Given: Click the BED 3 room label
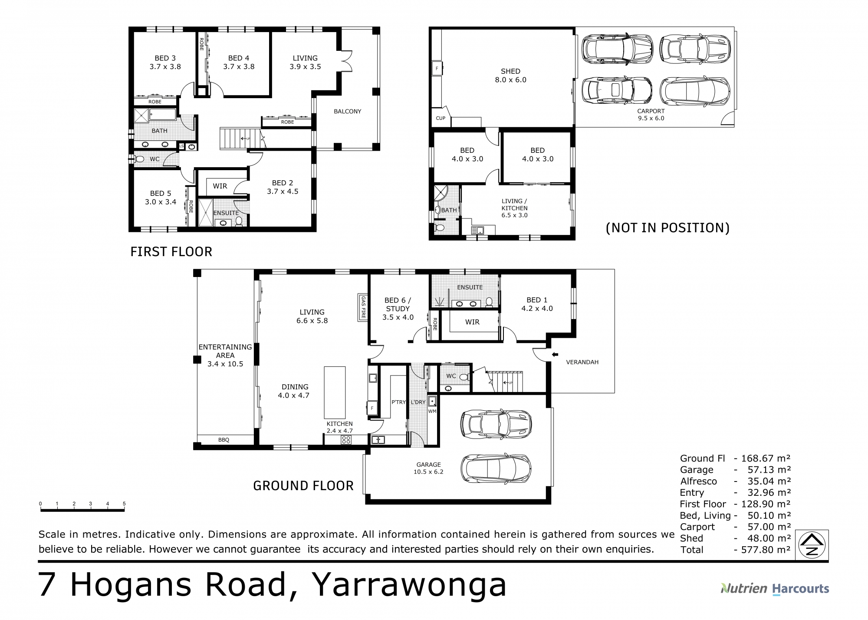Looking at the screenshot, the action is point(165,58).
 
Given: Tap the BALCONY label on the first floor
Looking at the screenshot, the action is point(347,112).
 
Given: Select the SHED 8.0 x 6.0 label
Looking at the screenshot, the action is point(510,76).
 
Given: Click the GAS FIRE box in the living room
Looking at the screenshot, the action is point(363,307).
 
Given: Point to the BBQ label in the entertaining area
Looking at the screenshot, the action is point(224,440).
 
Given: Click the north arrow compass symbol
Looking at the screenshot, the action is point(812,546).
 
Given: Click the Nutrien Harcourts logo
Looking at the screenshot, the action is point(775,589).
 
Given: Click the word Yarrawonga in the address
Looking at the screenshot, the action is point(409,585).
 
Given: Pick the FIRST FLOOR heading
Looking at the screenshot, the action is point(171,252).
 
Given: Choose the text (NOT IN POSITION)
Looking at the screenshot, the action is point(667,228).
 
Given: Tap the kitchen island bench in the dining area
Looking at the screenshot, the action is point(335,392).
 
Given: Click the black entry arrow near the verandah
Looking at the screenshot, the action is point(555,355).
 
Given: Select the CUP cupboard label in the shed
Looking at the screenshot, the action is point(441,118).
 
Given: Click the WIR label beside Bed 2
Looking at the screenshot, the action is point(220,186).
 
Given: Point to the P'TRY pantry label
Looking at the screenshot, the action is point(398,402).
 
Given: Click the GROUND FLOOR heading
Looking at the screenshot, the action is point(303,485).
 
